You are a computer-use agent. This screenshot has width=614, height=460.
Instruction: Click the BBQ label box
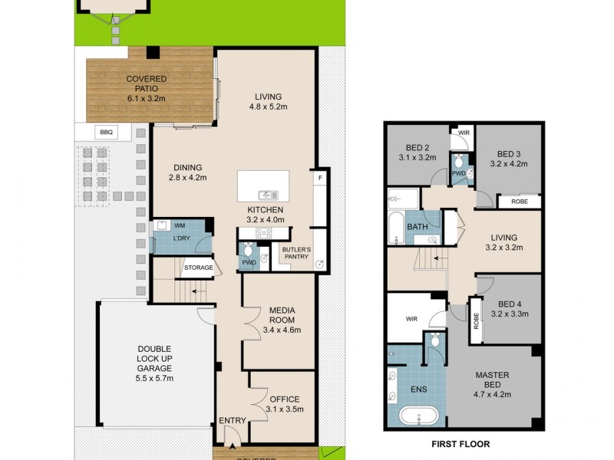pos(105,132)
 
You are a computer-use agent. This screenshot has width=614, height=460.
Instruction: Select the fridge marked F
pos(319,178)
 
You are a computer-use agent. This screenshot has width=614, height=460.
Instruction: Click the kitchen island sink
pos(266,194)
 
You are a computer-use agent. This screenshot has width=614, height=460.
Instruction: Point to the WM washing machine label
pos(180,226)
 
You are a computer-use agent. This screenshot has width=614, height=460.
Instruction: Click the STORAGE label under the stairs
pos(197,268)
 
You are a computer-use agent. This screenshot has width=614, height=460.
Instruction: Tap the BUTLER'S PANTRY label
pos(295,253)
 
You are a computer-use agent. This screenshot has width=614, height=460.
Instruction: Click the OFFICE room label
pos(284,399)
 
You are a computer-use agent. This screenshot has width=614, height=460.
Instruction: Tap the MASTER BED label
pos(492,375)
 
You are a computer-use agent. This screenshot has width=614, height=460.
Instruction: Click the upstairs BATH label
pos(418,227)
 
